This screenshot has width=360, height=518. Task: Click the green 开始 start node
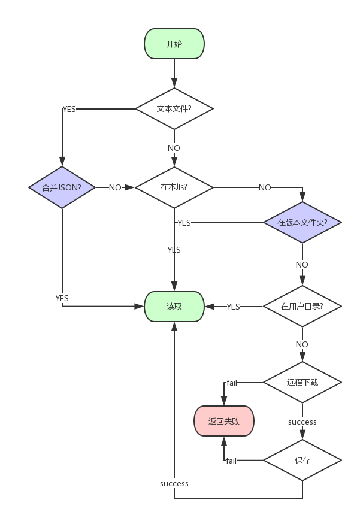(174, 44)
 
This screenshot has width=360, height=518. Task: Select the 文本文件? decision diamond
(174, 109)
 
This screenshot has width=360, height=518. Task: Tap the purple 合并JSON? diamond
(62, 187)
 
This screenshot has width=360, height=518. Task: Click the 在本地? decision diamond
(174, 187)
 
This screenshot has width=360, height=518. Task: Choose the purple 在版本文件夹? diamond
(302, 222)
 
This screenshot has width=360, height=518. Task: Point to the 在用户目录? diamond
(302, 307)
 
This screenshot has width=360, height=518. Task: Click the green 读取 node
(174, 307)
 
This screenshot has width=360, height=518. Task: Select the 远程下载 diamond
(302, 382)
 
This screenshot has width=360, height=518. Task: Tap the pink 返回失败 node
(224, 421)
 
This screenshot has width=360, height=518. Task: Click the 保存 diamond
(302, 461)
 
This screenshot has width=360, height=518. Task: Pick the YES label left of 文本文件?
(69, 109)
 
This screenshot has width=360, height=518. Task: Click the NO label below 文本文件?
(174, 148)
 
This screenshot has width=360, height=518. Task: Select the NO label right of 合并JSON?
(116, 187)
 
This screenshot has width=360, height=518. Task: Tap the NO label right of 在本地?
(265, 187)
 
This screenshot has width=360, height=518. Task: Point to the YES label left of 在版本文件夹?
(184, 223)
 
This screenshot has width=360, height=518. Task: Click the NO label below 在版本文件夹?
(302, 265)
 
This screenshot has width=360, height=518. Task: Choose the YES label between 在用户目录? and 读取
(234, 307)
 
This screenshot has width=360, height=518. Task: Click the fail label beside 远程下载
(232, 383)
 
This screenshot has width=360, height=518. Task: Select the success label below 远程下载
(302, 422)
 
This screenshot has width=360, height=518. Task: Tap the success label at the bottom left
(174, 483)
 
